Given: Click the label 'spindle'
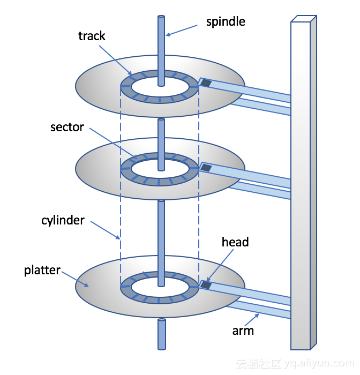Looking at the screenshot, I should point(226,22).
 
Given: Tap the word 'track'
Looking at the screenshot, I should point(92,36).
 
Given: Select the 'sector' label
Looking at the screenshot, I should point(67,127).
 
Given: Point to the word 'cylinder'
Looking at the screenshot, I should point(63,220).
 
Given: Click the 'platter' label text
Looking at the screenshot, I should point(42,270).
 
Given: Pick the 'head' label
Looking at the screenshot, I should point(235,242).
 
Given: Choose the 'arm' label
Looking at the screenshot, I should point(243,331).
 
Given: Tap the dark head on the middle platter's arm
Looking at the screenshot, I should point(206,168).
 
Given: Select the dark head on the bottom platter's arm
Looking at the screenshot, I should point(206,286).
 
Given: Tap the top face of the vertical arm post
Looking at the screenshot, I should point(303,19).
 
